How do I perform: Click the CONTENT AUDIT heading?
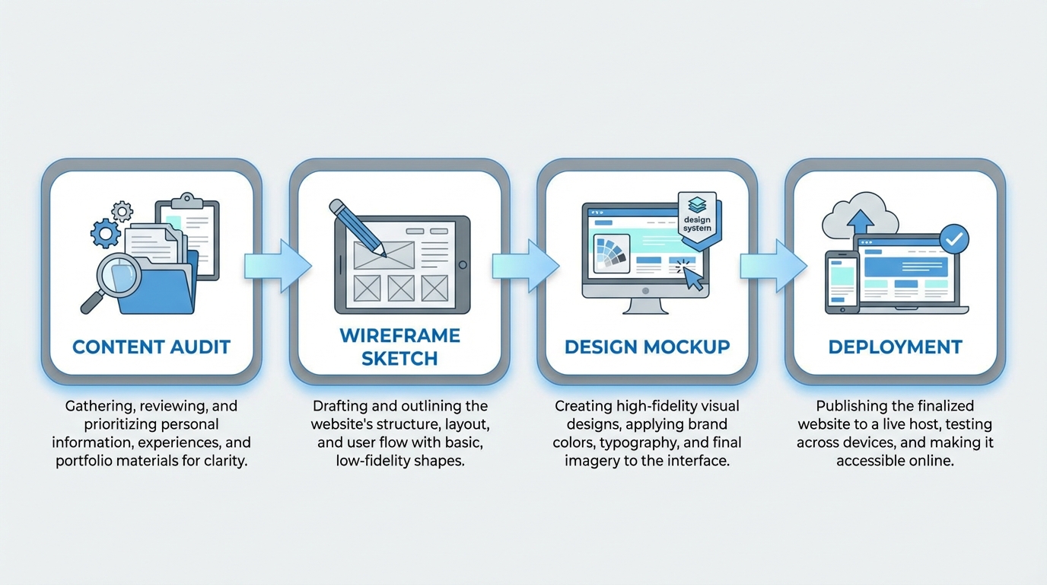click(x=151, y=347)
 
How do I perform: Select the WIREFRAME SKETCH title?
click(x=399, y=347)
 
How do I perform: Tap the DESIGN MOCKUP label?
click(x=647, y=347)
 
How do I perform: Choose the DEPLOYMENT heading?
click(x=895, y=347)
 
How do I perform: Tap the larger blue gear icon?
click(x=105, y=232)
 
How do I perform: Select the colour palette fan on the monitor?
click(x=609, y=254)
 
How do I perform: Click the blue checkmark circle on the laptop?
click(x=954, y=239)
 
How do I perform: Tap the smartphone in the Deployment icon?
click(x=842, y=281)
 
